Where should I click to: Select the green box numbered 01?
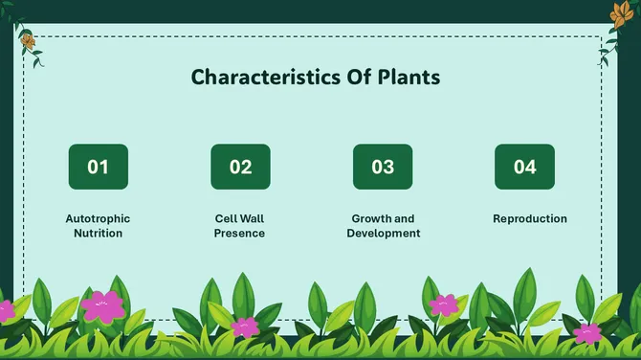click(98, 167)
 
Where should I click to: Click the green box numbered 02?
click(240, 167)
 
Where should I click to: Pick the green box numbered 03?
click(383, 167)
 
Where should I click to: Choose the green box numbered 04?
click(524, 167)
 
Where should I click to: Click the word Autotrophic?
click(98, 218)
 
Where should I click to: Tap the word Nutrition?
click(98, 233)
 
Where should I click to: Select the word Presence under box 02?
click(239, 233)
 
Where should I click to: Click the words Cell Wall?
click(239, 218)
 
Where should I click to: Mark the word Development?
click(383, 233)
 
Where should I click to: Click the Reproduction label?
click(530, 218)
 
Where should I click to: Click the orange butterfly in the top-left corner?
click(28, 42)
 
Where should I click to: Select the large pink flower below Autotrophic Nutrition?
click(102, 305)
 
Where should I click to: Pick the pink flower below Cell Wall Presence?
click(245, 326)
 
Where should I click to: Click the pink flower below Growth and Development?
click(443, 305)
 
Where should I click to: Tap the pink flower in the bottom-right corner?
click(586, 333)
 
